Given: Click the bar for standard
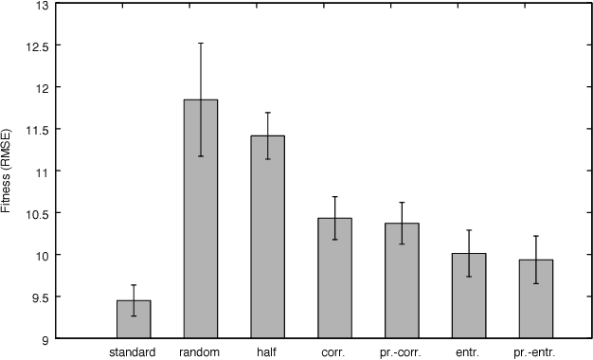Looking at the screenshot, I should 134,319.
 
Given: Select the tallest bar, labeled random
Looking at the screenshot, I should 201,219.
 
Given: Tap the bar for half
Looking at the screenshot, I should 268,237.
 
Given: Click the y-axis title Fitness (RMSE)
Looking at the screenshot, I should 8,171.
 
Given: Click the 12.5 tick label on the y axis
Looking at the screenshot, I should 40,45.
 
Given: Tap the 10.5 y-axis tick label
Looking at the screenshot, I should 40,213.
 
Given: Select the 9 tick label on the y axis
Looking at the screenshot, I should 46,338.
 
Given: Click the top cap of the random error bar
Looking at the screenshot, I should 201,43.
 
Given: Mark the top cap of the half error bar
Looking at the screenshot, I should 268,113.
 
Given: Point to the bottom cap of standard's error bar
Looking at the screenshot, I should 134,315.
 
